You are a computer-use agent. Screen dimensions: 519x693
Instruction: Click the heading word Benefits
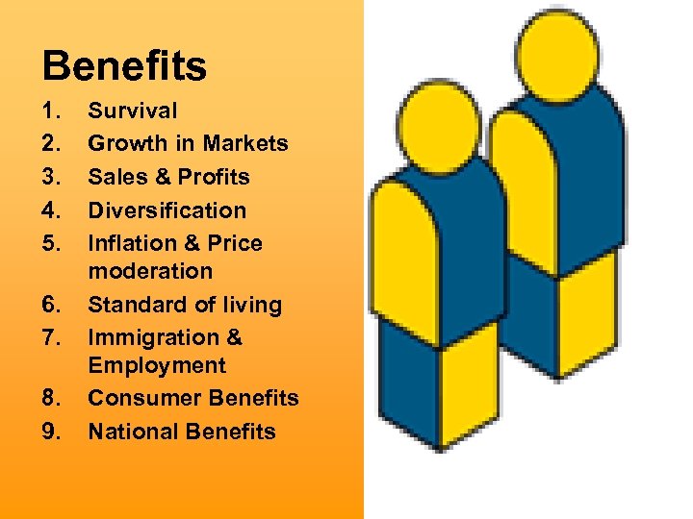click(x=124, y=66)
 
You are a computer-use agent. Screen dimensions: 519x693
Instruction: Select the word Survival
click(x=133, y=111)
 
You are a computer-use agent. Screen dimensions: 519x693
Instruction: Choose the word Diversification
click(x=167, y=210)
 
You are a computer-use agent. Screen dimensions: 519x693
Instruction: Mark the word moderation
click(x=150, y=271)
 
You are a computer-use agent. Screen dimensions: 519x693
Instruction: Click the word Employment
click(x=157, y=365)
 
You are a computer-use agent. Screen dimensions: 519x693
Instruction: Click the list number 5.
click(x=52, y=243)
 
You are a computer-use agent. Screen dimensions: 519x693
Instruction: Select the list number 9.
click(x=52, y=432)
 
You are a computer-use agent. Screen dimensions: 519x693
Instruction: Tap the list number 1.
click(x=52, y=111)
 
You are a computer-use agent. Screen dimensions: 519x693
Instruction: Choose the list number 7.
click(x=52, y=337)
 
